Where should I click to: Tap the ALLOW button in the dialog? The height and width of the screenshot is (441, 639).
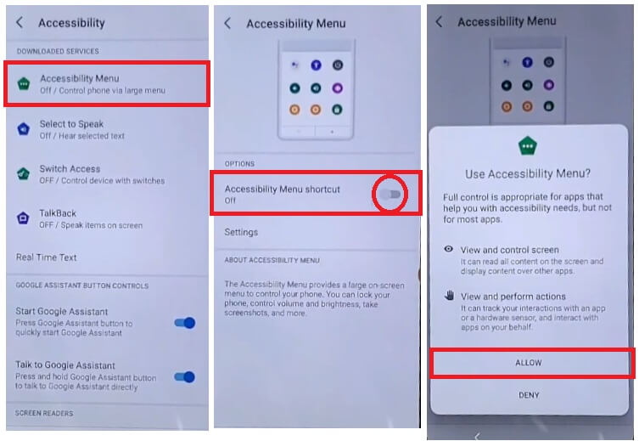pyautogui.click(x=528, y=363)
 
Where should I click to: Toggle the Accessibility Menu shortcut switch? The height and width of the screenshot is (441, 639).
pyautogui.click(x=390, y=195)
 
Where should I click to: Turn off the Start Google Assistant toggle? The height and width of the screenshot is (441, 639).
pyautogui.click(x=185, y=323)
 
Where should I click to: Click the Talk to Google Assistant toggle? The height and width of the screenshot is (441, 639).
pyautogui.click(x=185, y=377)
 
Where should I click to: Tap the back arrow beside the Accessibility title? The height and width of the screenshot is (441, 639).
pyautogui.click(x=20, y=22)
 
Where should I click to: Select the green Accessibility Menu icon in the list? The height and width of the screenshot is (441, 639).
pyautogui.click(x=24, y=83)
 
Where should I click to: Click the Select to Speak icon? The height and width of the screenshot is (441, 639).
pyautogui.click(x=24, y=129)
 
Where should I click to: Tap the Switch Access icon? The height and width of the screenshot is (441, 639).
pyautogui.click(x=23, y=174)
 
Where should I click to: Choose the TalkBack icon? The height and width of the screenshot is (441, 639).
pyautogui.click(x=23, y=218)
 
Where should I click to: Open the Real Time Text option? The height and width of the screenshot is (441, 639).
pyautogui.click(x=46, y=257)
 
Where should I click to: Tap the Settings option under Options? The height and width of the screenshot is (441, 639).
pyautogui.click(x=241, y=232)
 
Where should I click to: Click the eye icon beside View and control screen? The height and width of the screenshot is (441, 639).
pyautogui.click(x=449, y=249)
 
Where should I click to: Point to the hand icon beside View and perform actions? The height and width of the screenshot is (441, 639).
pyautogui.click(x=449, y=296)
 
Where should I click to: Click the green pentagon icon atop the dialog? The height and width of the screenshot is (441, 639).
pyautogui.click(x=527, y=145)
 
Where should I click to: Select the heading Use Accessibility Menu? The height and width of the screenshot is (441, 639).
pyautogui.click(x=528, y=174)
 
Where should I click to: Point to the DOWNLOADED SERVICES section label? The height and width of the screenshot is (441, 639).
pyautogui.click(x=58, y=51)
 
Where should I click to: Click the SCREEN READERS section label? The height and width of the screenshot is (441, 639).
pyautogui.click(x=44, y=413)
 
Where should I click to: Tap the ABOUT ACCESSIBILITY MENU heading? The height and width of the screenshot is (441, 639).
pyautogui.click(x=272, y=260)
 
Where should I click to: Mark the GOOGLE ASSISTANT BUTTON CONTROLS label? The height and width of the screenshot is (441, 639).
pyautogui.click(x=82, y=286)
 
